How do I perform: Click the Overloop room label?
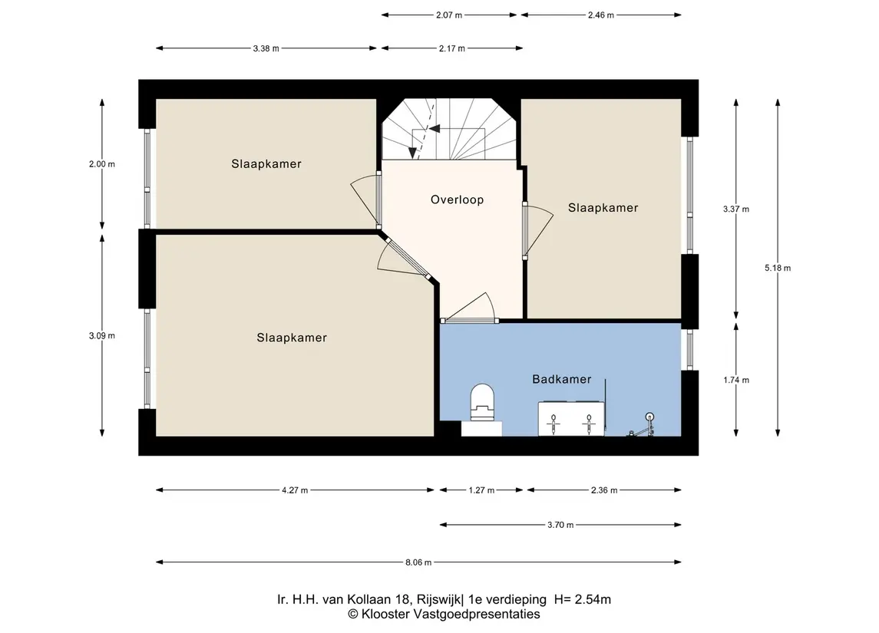(457, 199)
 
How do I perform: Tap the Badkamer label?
(562, 379)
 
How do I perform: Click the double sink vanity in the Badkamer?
(571, 418)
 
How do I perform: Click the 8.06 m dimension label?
(418, 562)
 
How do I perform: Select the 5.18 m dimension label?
(778, 268)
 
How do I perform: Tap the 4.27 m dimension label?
(295, 490)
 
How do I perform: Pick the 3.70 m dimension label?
(560, 525)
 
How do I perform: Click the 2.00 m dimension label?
(102, 164)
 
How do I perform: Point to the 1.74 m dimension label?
(736, 380)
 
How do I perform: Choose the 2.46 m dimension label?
(601, 15)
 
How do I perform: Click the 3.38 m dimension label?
(266, 48)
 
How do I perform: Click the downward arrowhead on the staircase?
(413, 153)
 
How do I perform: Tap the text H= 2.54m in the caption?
(583, 599)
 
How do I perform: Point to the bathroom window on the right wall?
(689, 350)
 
